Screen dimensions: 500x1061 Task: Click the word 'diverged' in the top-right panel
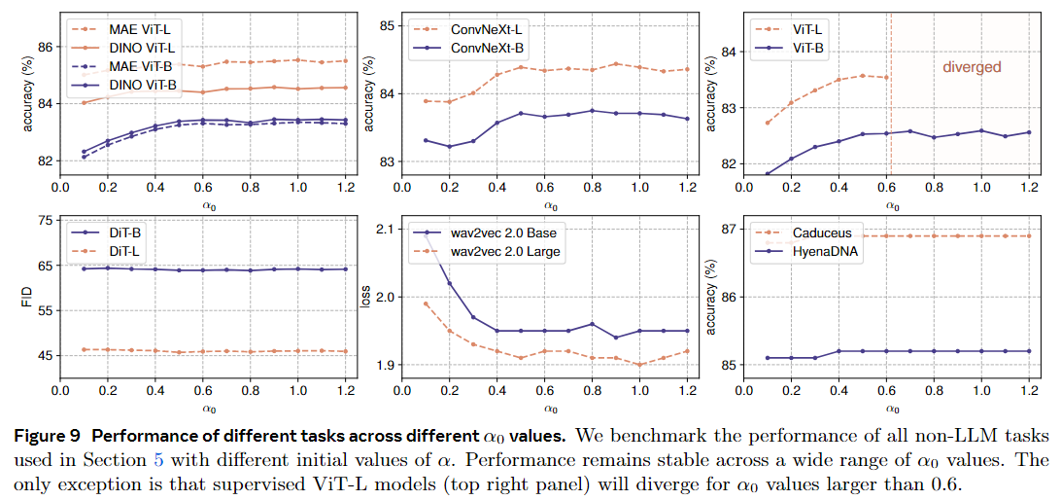(x=972, y=68)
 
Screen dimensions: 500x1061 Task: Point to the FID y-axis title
(x=26, y=293)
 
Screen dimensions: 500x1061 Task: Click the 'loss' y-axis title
(x=365, y=297)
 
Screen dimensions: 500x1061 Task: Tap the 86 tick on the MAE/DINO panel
(x=45, y=46)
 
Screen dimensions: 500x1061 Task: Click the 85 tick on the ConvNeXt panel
(x=384, y=25)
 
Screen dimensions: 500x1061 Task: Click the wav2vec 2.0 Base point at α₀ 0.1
(x=427, y=232)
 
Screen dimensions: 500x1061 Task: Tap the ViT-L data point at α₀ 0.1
(x=768, y=123)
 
